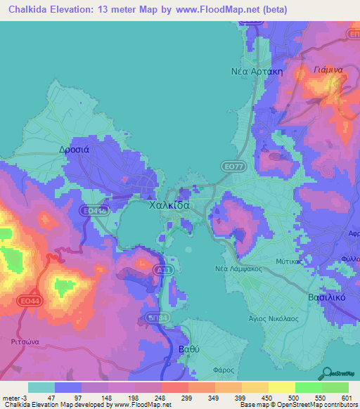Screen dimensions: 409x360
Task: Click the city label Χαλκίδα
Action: (x=169, y=206)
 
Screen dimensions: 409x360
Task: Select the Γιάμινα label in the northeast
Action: (x=328, y=70)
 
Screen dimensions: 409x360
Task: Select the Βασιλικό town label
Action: (x=328, y=297)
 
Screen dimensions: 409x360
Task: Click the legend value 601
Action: (x=348, y=398)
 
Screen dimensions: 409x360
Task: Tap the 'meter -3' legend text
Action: (x=15, y=398)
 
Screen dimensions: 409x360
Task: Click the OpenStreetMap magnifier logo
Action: (x=327, y=372)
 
